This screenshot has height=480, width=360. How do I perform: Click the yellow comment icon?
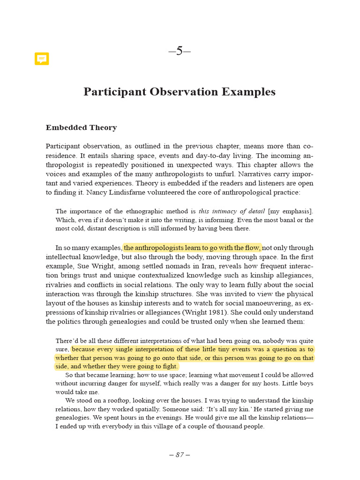(x=42, y=59)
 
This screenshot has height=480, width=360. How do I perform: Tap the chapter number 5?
(x=180, y=51)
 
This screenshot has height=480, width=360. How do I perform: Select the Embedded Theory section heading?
(x=81, y=127)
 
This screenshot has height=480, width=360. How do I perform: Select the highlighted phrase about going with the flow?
(x=192, y=247)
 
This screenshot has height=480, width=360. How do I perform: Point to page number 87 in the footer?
(x=180, y=455)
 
